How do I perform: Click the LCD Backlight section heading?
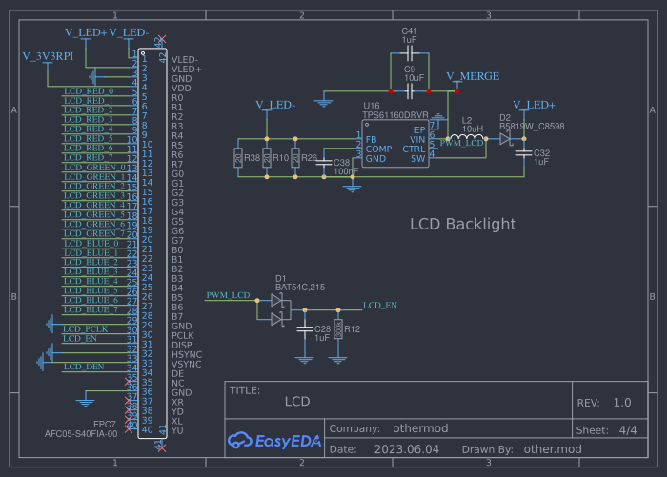click(462, 225)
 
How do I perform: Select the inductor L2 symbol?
click(466, 139)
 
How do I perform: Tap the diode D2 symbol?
click(505, 139)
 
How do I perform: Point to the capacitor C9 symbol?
click(410, 90)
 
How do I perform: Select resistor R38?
click(237, 158)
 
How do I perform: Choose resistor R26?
click(295, 158)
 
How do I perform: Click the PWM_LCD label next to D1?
click(229, 296)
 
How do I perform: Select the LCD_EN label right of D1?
click(380, 306)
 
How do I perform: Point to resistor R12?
click(337, 329)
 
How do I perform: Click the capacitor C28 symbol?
click(305, 329)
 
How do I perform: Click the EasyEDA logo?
click(274, 439)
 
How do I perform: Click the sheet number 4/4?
click(628, 430)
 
